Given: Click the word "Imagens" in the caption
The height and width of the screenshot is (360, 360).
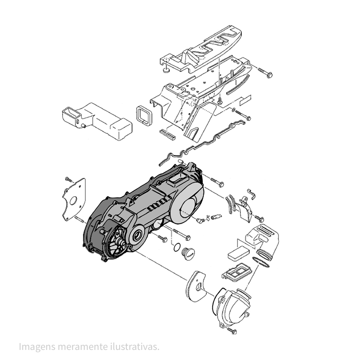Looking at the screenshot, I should pyautogui.click(x=37, y=347).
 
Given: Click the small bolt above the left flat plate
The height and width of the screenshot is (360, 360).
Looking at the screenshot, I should pyautogui.click(x=68, y=179).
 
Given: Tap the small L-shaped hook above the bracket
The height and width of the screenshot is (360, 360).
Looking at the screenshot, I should pyautogui.click(x=251, y=193).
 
